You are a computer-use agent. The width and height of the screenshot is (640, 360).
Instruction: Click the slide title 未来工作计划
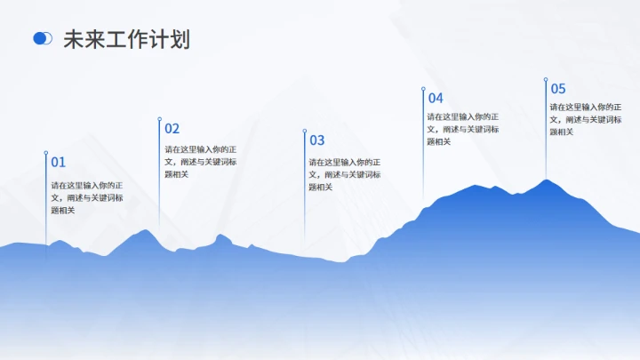[126, 39]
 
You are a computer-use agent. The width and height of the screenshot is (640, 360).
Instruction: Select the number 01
[59, 162]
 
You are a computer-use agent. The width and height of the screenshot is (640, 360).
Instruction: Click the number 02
[172, 128]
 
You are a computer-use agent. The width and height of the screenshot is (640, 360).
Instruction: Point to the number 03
[317, 140]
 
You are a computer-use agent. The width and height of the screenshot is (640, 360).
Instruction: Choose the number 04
[436, 98]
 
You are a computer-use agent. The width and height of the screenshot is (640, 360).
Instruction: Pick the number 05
[558, 88]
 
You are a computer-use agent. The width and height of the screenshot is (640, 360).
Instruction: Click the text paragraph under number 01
[86, 197]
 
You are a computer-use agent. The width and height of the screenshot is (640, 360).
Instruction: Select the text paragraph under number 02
[200, 161]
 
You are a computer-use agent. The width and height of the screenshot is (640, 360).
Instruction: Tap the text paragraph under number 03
[345, 174]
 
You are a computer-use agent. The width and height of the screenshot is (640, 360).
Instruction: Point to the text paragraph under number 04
[462, 129]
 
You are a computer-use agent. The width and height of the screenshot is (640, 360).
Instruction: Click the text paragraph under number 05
[585, 119]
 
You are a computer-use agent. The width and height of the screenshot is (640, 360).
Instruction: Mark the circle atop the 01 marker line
[45, 152]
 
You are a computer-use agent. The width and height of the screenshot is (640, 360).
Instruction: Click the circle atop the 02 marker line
[159, 118]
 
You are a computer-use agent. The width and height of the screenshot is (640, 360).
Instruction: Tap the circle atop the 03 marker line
[305, 131]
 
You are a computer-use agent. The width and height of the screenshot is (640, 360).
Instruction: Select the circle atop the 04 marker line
[422, 88]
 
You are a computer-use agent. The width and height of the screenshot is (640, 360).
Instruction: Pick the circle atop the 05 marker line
[545, 79]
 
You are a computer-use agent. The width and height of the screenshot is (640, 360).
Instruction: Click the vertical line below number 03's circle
[305, 196]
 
